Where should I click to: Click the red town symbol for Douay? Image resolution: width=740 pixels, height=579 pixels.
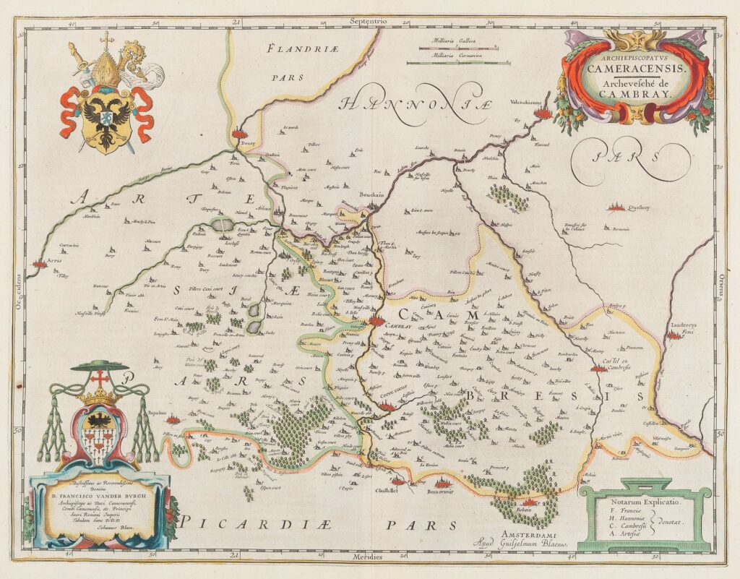coord(241,132)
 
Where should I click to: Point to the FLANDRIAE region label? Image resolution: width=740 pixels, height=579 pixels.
coord(297,49)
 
